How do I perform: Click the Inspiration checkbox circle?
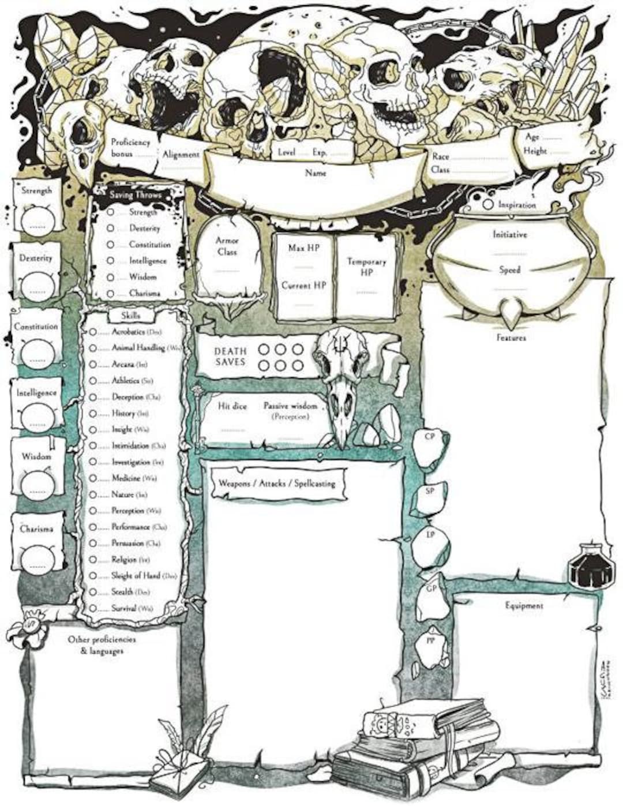[487, 204]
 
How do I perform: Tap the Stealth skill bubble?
[93, 592]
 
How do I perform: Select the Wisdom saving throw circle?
[111, 277]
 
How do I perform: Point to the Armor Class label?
[227, 246]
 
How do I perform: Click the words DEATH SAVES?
[230, 357]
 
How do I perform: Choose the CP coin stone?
[430, 438]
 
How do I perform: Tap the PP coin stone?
[430, 642]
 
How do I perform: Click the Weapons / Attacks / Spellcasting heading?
[277, 483]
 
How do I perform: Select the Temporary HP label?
[367, 267]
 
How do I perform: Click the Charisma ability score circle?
[37, 557]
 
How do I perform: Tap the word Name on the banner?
[316, 173]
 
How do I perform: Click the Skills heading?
[131, 316]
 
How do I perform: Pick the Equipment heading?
[524, 606]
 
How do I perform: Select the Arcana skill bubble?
[93, 365]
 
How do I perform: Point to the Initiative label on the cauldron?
[509, 235]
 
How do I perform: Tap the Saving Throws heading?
[136, 195]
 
